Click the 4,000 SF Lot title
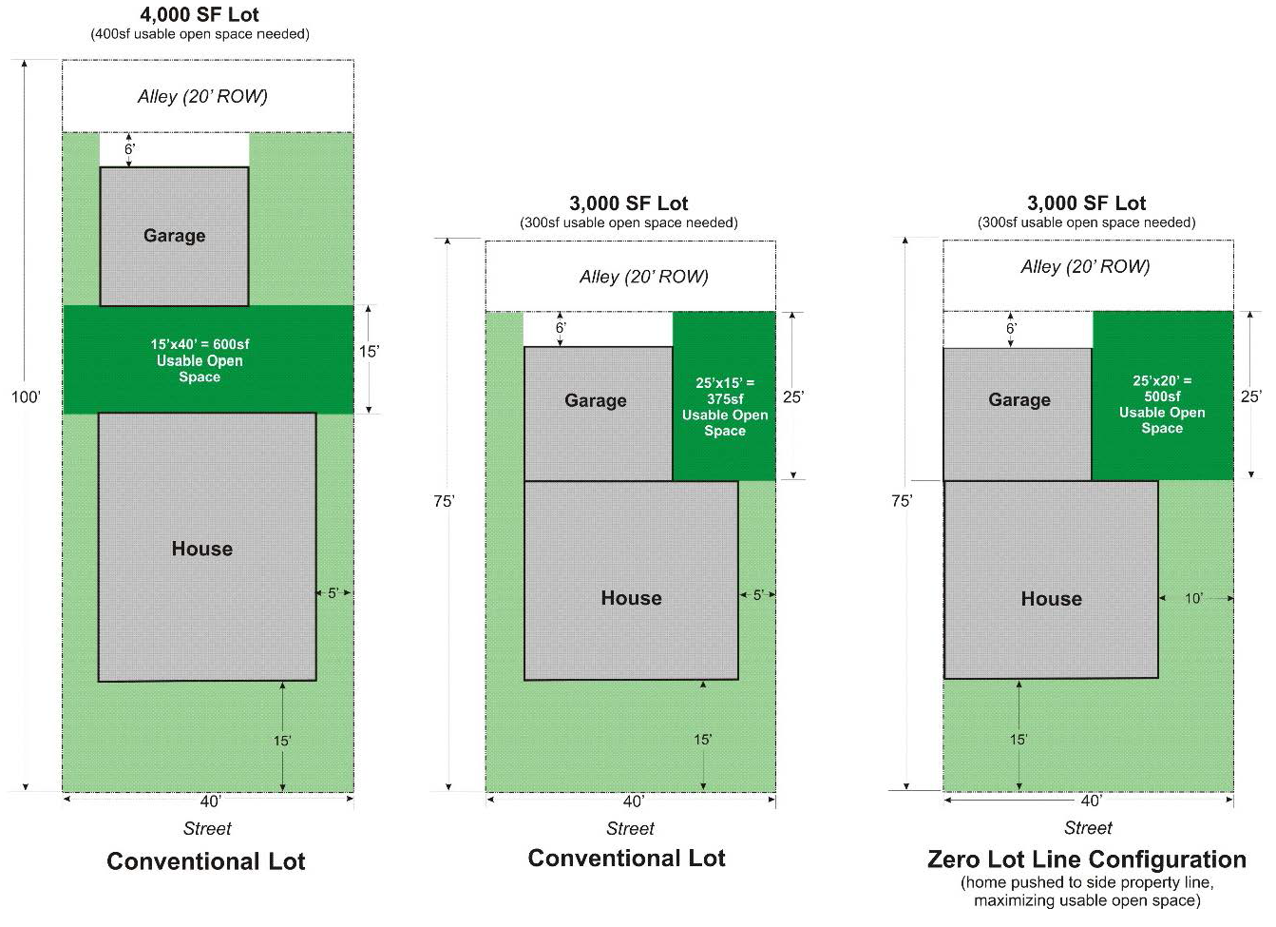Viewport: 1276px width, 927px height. pyautogui.click(x=200, y=14)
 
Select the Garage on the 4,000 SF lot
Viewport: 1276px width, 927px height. pyautogui.click(x=174, y=236)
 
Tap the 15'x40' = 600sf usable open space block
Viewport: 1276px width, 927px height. pyautogui.click(x=200, y=360)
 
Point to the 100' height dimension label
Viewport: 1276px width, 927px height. pyautogui.click(x=26, y=397)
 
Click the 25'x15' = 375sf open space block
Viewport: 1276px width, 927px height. pyautogui.click(x=724, y=406)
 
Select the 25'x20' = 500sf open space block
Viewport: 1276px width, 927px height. pyautogui.click(x=1162, y=404)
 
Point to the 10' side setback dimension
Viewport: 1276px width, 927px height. pyautogui.click(x=1193, y=598)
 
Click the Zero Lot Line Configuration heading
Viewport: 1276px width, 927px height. pyautogui.click(x=1086, y=859)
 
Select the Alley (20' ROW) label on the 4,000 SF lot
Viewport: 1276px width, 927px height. pyautogui.click(x=202, y=96)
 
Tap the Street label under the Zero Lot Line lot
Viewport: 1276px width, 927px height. pyautogui.click(x=1088, y=828)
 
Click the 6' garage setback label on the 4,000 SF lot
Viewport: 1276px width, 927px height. pyautogui.click(x=130, y=149)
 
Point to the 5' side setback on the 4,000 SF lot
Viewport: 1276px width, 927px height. pyautogui.click(x=333, y=593)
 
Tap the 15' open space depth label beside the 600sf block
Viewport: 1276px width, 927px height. pyautogui.click(x=369, y=352)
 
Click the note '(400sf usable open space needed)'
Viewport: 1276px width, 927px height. pyautogui.click(x=200, y=34)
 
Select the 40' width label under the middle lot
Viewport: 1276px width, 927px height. pyautogui.click(x=633, y=801)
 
